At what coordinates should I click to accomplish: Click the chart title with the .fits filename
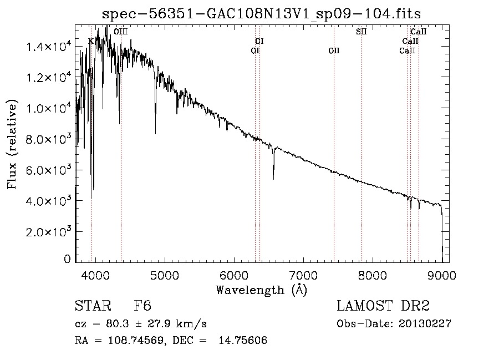(261, 14)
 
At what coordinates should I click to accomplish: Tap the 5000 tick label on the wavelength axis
(165, 275)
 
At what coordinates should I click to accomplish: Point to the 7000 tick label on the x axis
(303, 275)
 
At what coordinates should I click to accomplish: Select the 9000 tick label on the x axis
(442, 275)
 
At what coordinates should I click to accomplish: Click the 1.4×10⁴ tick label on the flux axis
(48, 47)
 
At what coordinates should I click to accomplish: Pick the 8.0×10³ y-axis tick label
(48, 139)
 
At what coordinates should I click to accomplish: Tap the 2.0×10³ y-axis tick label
(48, 231)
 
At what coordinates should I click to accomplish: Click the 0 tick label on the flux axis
(67, 259)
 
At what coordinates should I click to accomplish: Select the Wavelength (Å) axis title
(262, 290)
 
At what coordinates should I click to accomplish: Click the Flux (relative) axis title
(12, 144)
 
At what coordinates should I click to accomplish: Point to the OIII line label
(121, 32)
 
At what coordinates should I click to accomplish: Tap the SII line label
(361, 32)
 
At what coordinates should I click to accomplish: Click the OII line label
(334, 50)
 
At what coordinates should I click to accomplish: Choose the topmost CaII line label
(418, 32)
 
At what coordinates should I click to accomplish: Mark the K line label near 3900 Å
(91, 41)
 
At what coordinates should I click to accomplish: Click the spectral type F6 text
(142, 306)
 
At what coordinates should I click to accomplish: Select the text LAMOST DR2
(383, 306)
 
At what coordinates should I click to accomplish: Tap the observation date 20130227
(425, 324)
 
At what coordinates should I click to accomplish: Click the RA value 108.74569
(136, 340)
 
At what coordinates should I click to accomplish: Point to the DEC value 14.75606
(243, 340)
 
